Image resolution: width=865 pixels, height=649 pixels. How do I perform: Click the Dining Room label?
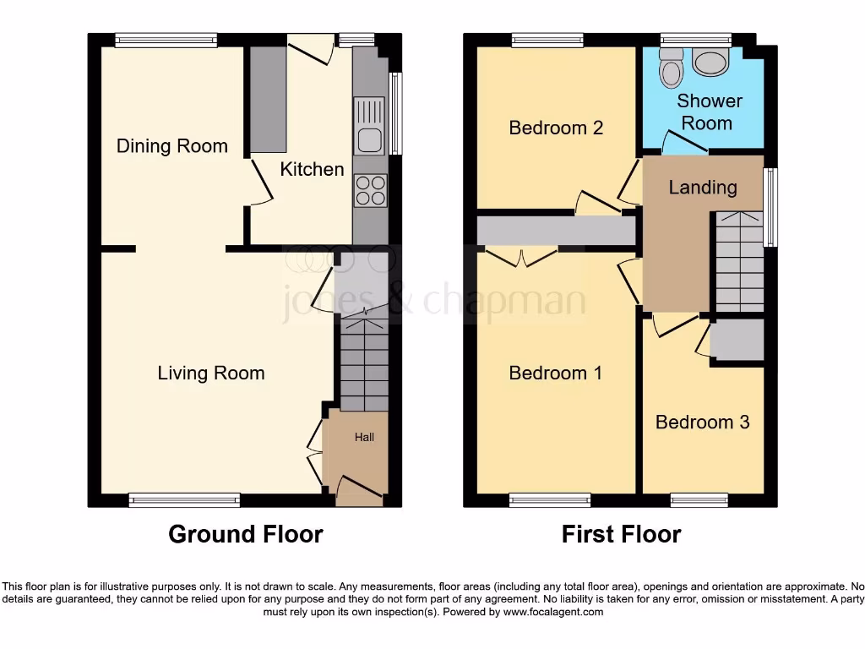point(171,146)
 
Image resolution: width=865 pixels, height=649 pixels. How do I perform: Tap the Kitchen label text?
point(312,169)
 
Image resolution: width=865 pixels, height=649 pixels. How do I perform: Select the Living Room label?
point(210,373)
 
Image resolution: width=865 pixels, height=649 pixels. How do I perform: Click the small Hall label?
point(364,437)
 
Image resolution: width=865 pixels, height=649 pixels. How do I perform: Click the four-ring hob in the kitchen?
point(370,190)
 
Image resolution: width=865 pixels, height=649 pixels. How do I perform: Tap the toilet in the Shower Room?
point(672,67)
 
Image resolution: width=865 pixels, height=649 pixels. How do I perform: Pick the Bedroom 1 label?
point(555,373)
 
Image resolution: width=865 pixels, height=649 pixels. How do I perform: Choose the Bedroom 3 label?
point(702,422)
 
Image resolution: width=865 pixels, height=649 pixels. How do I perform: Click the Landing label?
point(702,188)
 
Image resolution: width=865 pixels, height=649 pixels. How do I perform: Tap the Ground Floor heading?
point(245,534)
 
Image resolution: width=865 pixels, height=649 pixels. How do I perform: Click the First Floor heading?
point(621,534)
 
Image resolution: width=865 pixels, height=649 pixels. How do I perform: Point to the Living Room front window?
point(184,500)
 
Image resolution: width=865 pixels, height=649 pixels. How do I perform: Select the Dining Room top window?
point(166,39)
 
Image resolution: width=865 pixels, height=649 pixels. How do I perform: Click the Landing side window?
point(770,207)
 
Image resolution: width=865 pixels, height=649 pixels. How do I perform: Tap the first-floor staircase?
point(739,262)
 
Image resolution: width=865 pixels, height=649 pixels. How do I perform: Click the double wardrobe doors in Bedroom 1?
point(521,256)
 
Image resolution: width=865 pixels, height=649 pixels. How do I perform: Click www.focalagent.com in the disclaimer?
point(553,612)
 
